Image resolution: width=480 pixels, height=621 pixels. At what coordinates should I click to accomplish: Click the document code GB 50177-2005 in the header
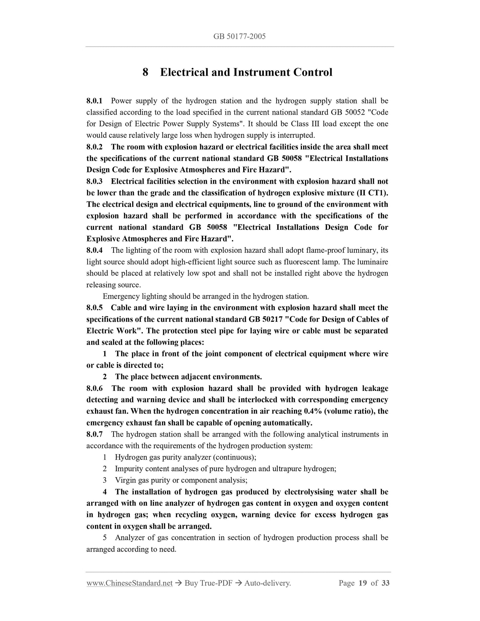[240, 37]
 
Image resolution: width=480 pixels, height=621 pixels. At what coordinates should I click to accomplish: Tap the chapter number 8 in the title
[145, 72]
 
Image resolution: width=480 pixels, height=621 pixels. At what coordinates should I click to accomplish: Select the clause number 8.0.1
[95, 101]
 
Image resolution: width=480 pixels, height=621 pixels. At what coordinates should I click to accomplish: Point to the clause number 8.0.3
[95, 181]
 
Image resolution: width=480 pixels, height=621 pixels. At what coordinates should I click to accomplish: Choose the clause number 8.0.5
[95, 308]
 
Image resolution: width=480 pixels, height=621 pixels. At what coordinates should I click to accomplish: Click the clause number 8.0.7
[95, 434]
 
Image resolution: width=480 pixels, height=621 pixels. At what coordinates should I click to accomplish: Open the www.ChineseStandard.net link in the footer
[130, 592]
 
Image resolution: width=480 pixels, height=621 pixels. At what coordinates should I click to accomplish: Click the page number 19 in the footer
[362, 592]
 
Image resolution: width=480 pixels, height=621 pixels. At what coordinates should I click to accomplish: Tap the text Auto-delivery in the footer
[267, 592]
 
